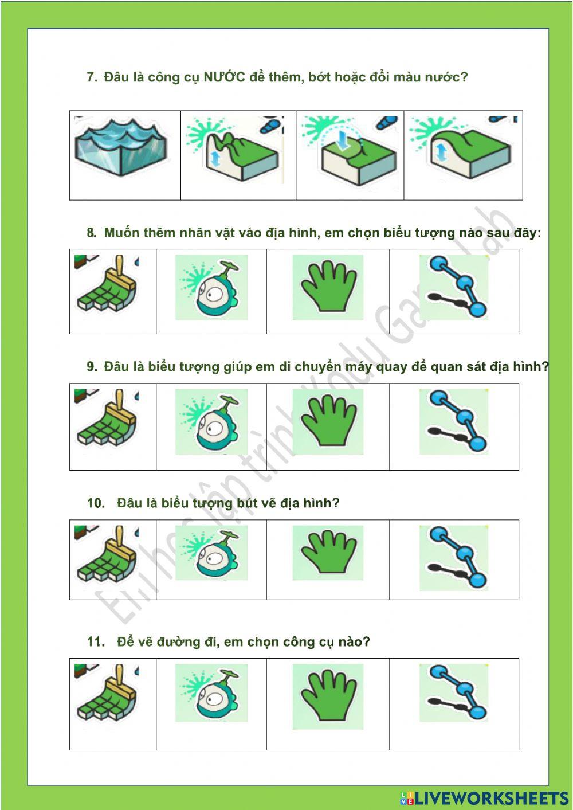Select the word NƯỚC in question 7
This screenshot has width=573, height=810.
[x=224, y=77]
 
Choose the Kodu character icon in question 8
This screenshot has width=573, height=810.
[x=211, y=288]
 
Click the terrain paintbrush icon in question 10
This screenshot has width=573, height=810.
[x=108, y=555]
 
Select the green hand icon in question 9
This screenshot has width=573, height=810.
[x=327, y=422]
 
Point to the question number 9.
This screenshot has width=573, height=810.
[x=92, y=367]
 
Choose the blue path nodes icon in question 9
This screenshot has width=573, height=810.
[x=453, y=422]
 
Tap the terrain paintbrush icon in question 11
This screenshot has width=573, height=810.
[x=108, y=694]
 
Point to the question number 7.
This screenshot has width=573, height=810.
[x=92, y=77]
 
